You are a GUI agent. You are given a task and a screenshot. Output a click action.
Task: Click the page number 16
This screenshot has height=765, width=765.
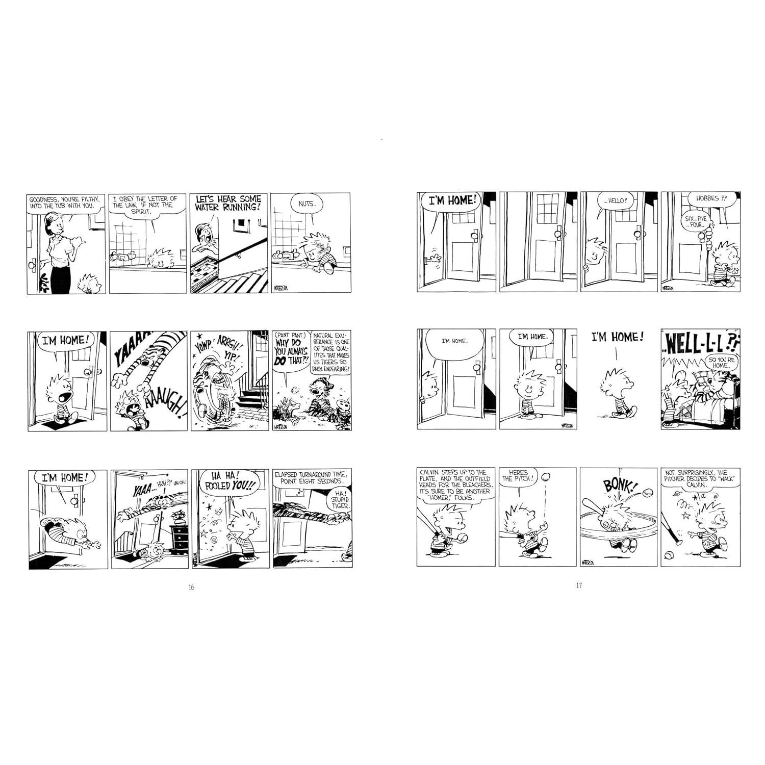191,587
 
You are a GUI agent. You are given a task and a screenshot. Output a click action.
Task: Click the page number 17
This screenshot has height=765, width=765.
579,585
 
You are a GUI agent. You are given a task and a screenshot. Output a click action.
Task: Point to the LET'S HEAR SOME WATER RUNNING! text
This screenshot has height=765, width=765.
227,202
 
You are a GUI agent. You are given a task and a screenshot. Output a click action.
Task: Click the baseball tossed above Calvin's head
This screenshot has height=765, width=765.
546,477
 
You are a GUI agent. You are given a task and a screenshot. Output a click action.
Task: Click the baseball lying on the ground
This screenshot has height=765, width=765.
669,554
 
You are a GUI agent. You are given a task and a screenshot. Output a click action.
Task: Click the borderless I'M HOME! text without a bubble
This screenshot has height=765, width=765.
617,337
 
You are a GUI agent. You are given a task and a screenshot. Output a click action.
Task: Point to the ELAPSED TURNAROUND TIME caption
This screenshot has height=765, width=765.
310,477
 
